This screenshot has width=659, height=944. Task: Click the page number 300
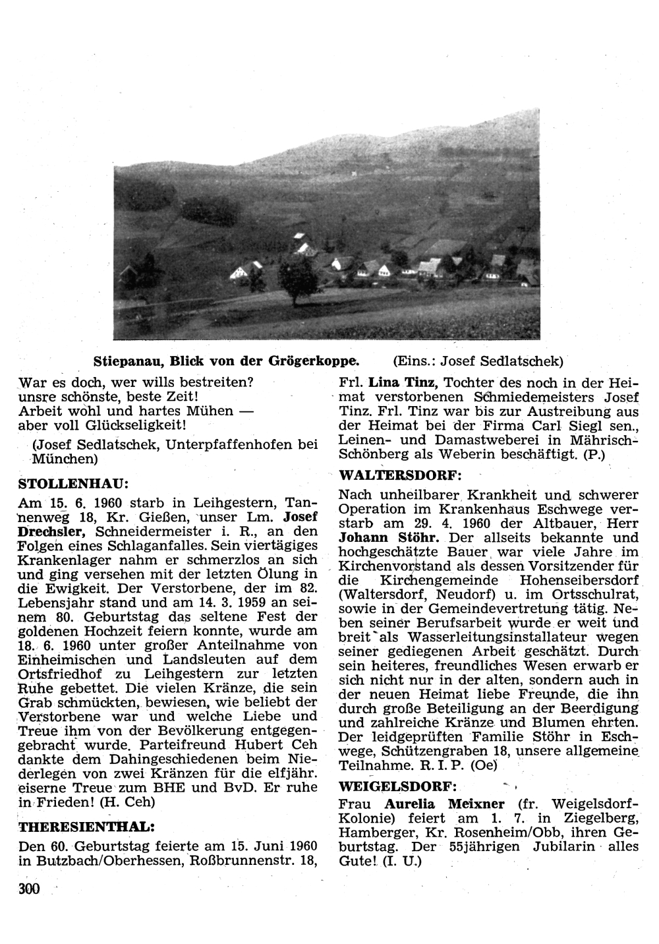click(30, 889)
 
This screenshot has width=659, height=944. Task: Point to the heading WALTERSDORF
click(400, 475)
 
